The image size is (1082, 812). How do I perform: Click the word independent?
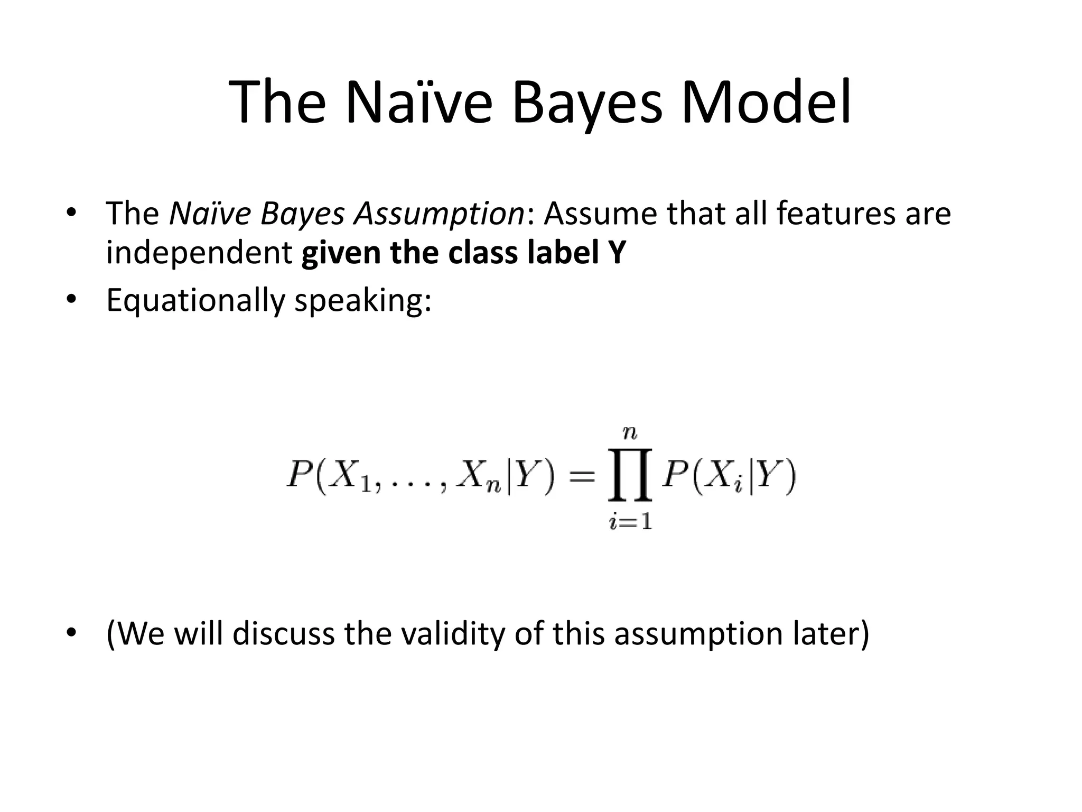199,253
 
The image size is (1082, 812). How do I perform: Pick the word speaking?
362,300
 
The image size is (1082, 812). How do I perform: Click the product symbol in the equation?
630,475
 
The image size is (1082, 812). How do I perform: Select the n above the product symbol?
630,433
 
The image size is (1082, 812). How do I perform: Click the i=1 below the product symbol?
630,522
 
